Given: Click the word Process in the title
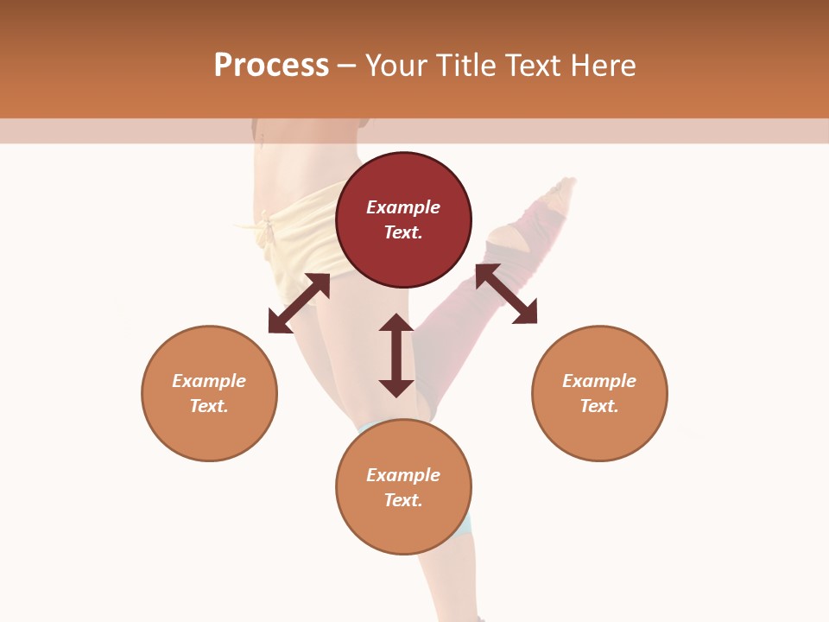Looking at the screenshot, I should (271, 66).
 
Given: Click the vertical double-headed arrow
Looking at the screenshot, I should (396, 355).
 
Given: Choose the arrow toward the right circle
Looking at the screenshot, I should (506, 294).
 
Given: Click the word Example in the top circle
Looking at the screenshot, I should (403, 207).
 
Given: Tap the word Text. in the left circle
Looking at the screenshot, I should (209, 406).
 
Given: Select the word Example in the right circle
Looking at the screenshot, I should (599, 381).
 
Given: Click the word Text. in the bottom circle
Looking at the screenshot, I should (403, 500).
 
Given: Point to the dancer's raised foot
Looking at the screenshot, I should (564, 190).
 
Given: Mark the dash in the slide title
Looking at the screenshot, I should (346, 66).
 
